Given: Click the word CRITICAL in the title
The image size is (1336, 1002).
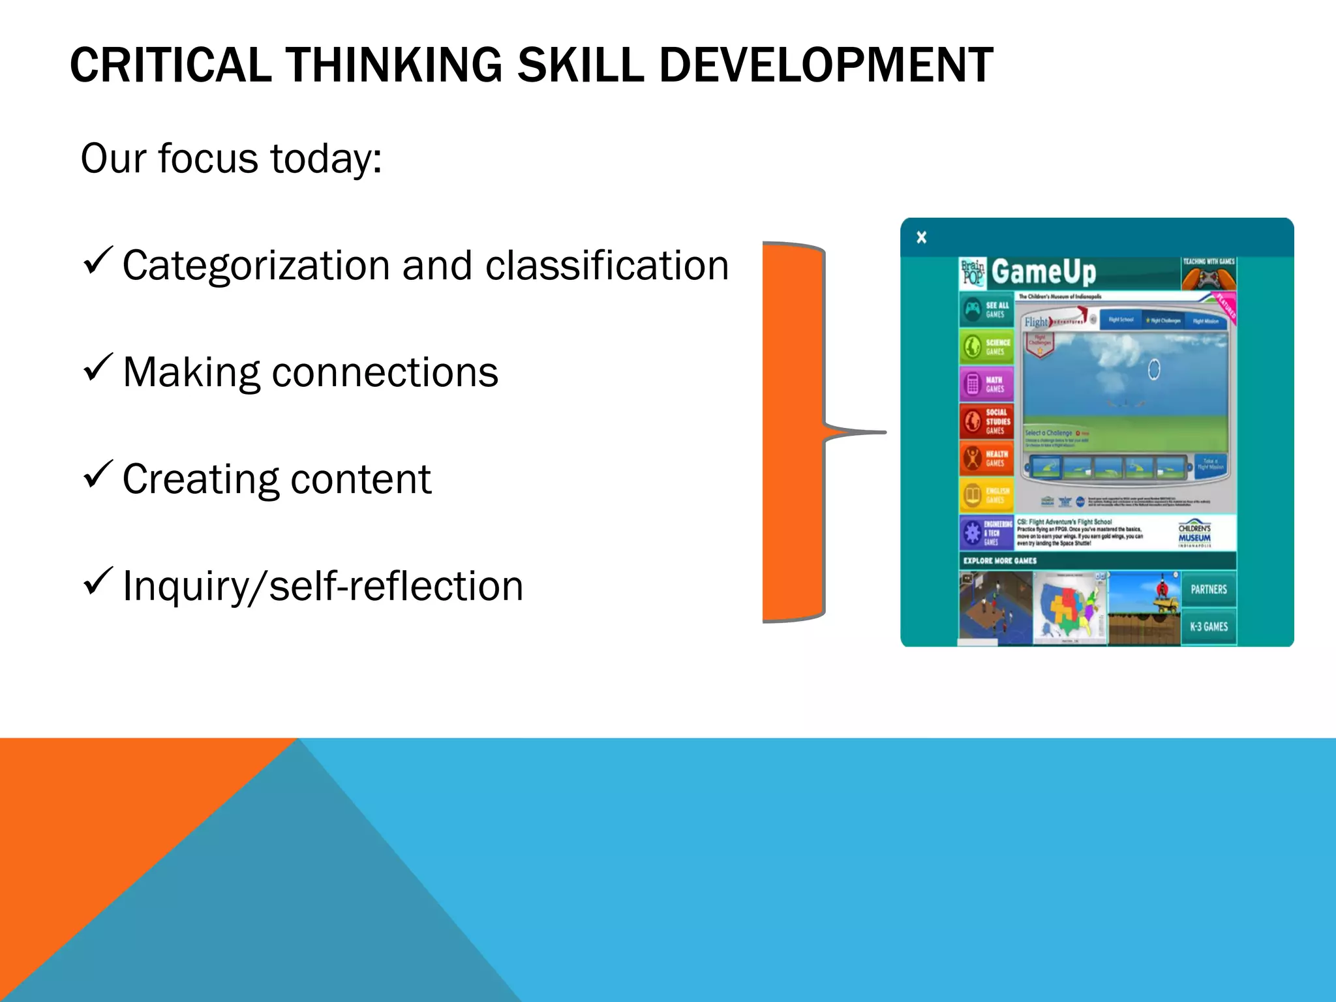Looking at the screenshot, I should coord(170,65).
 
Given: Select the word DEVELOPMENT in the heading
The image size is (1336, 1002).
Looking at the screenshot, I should coord(825,65).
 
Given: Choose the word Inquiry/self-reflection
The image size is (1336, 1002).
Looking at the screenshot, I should coord(323,586).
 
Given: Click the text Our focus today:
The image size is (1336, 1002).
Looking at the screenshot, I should coord(231,159).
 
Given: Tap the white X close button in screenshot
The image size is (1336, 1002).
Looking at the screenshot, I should coord(921,237).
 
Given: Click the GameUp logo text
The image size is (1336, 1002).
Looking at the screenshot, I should coord(1043,272).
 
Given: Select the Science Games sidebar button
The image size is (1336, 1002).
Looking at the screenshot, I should coord(986,346).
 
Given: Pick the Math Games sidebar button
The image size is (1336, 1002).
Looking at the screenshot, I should coord(986,384).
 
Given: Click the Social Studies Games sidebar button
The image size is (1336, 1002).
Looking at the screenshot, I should coord(986,421).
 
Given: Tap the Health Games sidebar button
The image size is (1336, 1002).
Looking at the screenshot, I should coord(986,459).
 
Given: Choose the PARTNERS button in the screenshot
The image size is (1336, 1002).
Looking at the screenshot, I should coord(1208,590).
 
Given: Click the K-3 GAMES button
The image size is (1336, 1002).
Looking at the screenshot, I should coord(1208,627).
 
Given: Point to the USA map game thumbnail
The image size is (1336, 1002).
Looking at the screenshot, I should coord(1070,608).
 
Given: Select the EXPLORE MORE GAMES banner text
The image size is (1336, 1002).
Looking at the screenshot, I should coord(1000,560).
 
